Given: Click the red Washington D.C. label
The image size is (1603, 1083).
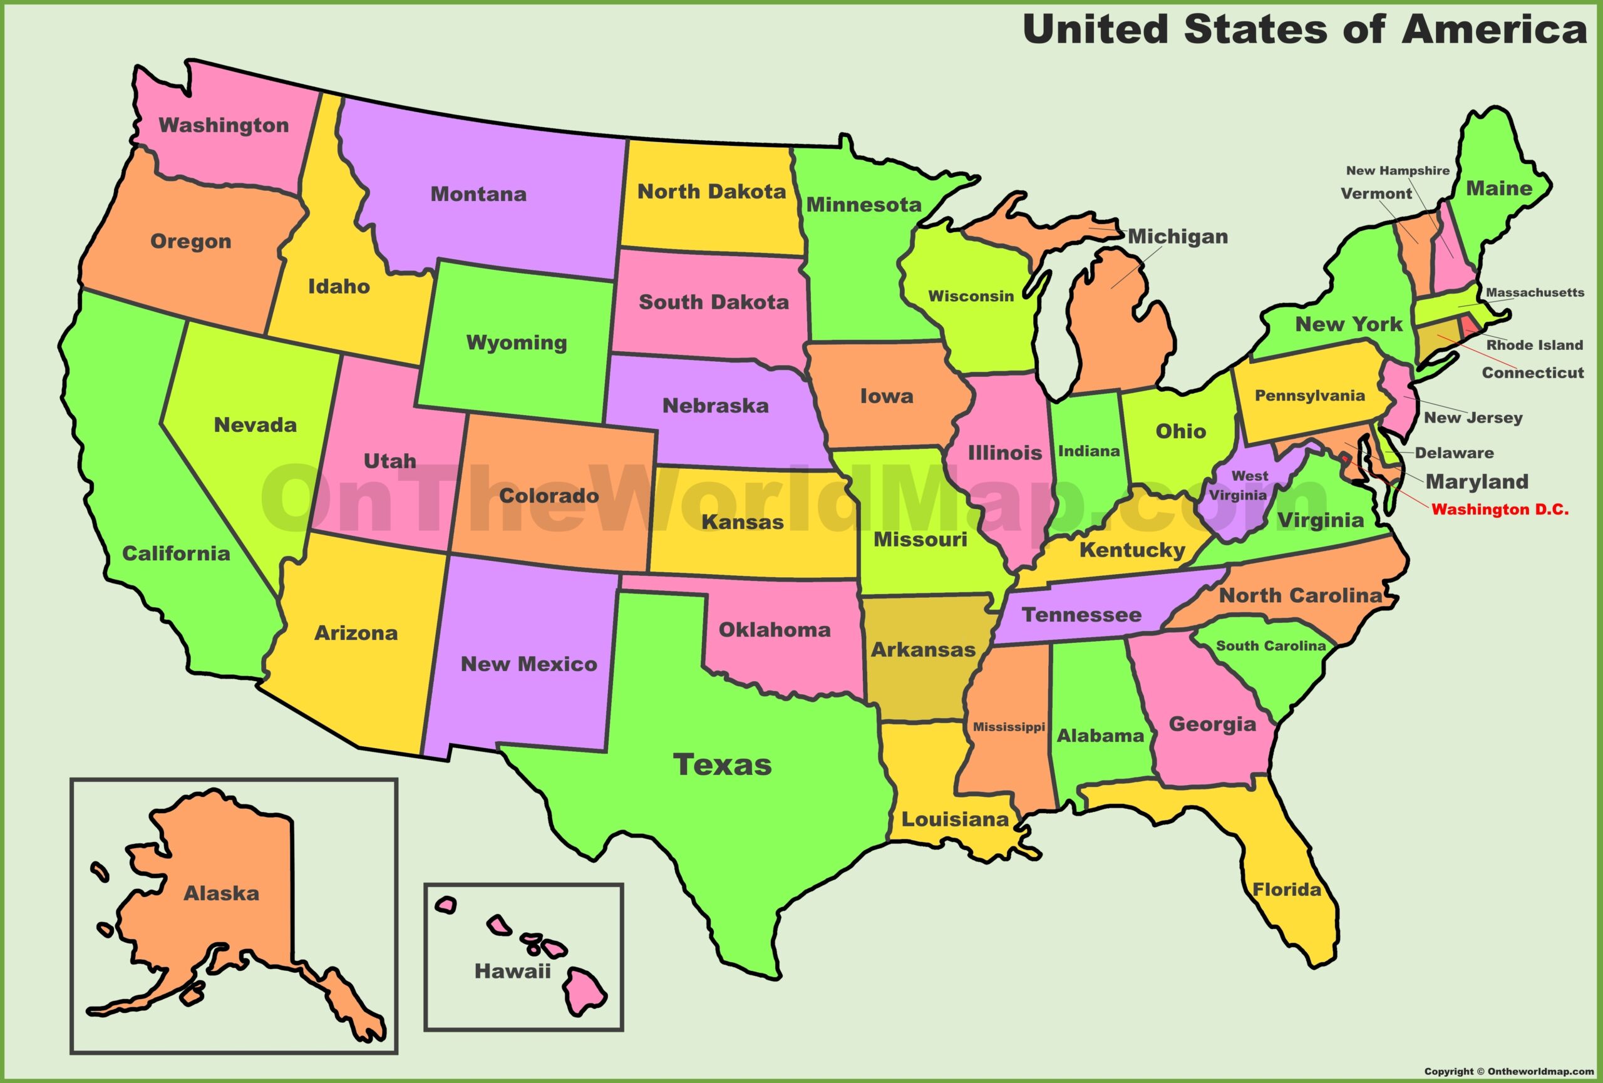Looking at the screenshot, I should pos(1500,510).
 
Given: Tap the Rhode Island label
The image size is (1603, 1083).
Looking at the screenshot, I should pos(1534,345).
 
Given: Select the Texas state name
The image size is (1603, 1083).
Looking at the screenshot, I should pos(722,764).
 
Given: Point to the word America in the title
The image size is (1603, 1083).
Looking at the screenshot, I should pos(1494,29).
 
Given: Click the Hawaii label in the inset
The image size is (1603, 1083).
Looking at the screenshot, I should pos(512,972).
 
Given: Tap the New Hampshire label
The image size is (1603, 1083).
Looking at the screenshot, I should pos(1398,170).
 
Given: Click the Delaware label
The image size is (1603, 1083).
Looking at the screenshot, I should pos(1454,453).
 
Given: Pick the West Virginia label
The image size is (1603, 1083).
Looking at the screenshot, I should pos(1238,485).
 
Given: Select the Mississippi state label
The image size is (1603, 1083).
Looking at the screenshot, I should pos(1008,727).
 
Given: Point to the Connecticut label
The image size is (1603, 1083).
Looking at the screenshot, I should pos(1533,373).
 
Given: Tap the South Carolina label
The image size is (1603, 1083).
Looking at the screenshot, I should pos(1271,646).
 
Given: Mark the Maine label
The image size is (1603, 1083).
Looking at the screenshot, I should pos(1498,188).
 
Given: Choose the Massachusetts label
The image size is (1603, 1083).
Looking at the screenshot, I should pos(1535,292).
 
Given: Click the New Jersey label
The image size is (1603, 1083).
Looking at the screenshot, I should pos(1473,417).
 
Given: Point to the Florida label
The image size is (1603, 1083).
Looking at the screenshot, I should pos(1286,890).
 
